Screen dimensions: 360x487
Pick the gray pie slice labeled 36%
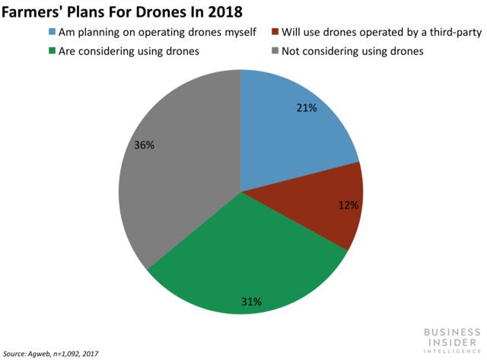175,175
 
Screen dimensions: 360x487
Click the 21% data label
307,108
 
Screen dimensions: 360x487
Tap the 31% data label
252,301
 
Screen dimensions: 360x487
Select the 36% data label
144,145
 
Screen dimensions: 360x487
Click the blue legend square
51,32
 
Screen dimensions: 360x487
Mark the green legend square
51,52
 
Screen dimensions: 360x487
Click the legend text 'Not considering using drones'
352,52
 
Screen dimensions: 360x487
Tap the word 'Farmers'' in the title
32,11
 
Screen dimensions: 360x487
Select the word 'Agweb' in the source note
43,354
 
